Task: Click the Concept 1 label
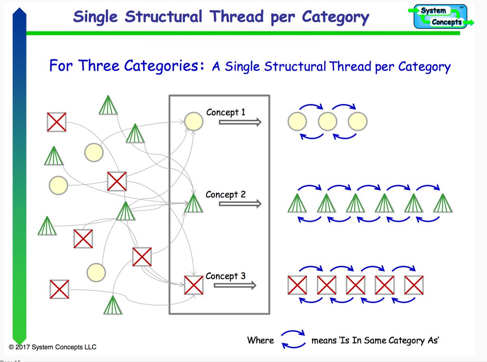pos(226,112)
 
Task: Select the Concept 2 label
pos(225,194)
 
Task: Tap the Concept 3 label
pos(225,276)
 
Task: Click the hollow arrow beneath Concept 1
pos(239,122)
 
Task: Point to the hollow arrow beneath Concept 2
pos(239,204)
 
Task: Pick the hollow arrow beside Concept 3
pos(235,285)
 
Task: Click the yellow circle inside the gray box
pos(193,121)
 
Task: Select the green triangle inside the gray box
pos(193,203)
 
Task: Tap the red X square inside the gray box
pos(194,285)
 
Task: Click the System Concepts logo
pos(443,17)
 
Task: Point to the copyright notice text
pos(52,347)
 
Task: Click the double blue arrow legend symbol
pos(293,340)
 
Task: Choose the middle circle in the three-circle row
pos(328,121)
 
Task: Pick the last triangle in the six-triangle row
pos(442,203)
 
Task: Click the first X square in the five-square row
pos(297,285)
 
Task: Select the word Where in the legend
pos(261,340)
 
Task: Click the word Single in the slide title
pos(97,17)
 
